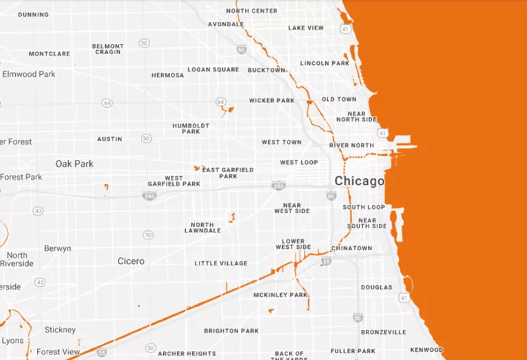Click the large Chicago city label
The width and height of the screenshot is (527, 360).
[359, 181]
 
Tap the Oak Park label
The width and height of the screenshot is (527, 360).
[75, 164]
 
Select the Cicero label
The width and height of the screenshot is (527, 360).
[131, 261]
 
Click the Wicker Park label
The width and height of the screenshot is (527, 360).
[272, 101]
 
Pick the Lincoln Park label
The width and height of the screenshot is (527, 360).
[325, 64]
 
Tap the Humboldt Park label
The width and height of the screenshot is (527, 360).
[186, 128]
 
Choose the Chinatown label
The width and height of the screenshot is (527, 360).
[351, 248]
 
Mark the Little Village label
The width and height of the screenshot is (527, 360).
[220, 263]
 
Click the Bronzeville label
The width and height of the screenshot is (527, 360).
[384, 332]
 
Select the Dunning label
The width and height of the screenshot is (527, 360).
[34, 14]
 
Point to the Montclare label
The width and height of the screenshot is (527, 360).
[49, 53]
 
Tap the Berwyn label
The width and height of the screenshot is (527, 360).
[58, 248]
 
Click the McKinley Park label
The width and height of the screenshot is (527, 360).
[281, 295]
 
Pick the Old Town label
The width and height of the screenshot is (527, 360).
[339, 99]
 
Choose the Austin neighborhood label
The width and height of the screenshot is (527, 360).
[110, 139]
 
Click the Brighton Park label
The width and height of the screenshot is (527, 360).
[231, 331]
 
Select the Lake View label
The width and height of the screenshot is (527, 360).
[306, 28]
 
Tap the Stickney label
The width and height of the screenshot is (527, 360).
[60, 330]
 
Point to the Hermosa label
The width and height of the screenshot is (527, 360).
[167, 75]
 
